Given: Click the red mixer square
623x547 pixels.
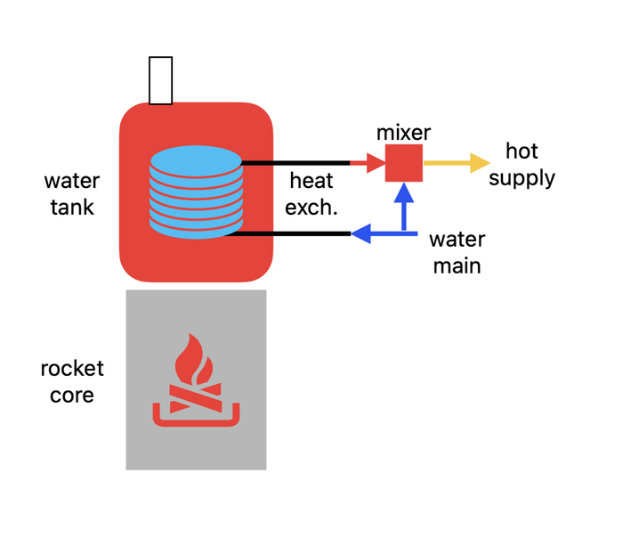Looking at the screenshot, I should click(x=403, y=164).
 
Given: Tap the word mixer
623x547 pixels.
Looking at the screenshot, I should click(x=403, y=134).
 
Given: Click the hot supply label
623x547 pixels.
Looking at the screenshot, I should click(x=522, y=164).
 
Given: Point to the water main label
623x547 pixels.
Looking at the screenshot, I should click(x=457, y=252).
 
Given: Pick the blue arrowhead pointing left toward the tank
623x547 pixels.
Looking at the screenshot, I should click(x=360, y=234).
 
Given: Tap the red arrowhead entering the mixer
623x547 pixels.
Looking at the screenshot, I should click(x=374, y=163).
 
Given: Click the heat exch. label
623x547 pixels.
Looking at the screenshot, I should click(x=311, y=193).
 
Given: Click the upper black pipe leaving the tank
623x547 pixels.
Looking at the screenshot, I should click(x=294, y=163).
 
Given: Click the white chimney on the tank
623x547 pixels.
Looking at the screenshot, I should click(x=160, y=80).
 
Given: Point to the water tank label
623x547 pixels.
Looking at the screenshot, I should click(x=72, y=194).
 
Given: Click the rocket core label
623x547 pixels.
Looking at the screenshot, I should click(x=72, y=381).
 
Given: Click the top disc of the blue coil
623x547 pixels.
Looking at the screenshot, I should click(x=196, y=160).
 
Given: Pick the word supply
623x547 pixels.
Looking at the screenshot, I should click(x=522, y=177).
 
